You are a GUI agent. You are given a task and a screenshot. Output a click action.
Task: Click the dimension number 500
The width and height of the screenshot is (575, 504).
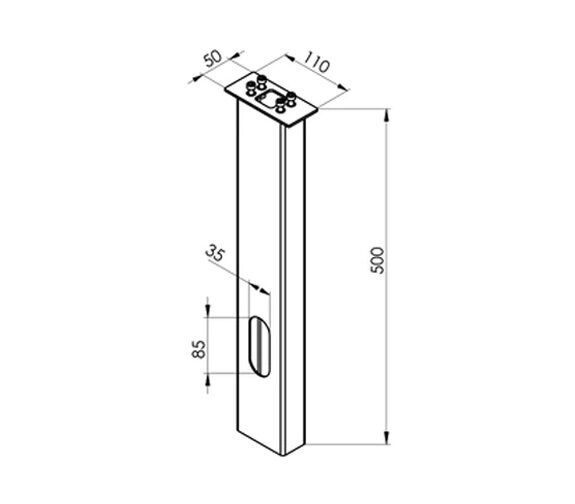377,260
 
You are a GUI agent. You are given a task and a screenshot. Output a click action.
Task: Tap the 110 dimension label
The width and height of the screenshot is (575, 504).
317,62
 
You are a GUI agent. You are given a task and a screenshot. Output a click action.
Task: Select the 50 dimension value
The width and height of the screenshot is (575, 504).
213,58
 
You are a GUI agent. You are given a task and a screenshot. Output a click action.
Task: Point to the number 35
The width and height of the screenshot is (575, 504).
215,253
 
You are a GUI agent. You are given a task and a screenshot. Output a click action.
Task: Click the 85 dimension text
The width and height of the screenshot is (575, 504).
198,349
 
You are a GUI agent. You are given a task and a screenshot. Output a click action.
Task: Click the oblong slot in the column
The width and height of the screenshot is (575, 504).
259,346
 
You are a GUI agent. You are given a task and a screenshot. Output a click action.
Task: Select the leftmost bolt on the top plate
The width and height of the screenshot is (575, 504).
251,88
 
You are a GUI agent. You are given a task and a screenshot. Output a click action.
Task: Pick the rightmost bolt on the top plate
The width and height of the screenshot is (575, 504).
292,99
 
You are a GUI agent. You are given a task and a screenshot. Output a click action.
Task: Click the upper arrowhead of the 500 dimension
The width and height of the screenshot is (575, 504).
386,116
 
